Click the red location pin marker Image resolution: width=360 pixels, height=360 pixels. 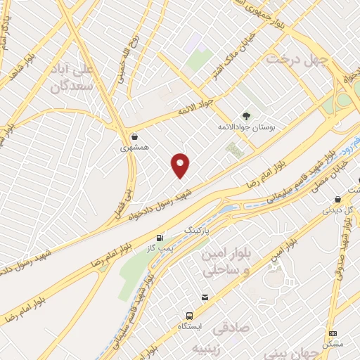click(x=181, y=165)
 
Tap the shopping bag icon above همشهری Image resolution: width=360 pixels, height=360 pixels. click(x=134, y=136)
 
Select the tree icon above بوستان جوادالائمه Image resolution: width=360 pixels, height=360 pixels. click(x=245, y=116)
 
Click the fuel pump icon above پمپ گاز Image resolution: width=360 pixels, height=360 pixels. click(x=161, y=237)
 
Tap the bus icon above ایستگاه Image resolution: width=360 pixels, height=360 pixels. click(x=189, y=316)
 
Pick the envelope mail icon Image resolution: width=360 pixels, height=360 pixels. click(x=205, y=297)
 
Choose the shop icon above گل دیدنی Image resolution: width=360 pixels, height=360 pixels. click(x=338, y=198)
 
